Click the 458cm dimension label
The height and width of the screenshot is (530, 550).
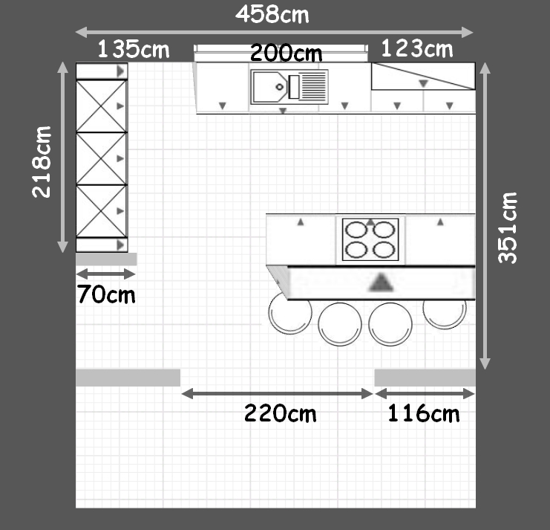(272, 14)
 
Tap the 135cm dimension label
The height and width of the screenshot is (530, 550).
(134, 49)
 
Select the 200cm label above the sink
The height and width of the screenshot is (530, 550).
(287, 53)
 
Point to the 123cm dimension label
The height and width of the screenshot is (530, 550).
(417, 48)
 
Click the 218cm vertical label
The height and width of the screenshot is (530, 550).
(42, 162)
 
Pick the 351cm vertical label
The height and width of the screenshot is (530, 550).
(508, 228)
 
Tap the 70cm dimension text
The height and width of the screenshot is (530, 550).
(106, 294)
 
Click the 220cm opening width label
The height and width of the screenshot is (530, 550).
(280, 413)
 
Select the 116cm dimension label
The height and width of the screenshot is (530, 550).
(423, 413)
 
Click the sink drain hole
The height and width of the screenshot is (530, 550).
(280, 87)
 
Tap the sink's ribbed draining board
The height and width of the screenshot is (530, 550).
(313, 87)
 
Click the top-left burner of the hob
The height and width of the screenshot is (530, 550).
(356, 230)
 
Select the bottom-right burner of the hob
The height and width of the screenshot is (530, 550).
(384, 250)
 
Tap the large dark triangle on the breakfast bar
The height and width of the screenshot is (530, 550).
(382, 283)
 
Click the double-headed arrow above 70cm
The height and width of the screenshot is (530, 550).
(105, 274)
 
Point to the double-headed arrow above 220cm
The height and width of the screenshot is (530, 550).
(277, 394)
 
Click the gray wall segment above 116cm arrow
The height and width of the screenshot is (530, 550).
(425, 378)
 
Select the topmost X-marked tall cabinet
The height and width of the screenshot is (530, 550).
(102, 106)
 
